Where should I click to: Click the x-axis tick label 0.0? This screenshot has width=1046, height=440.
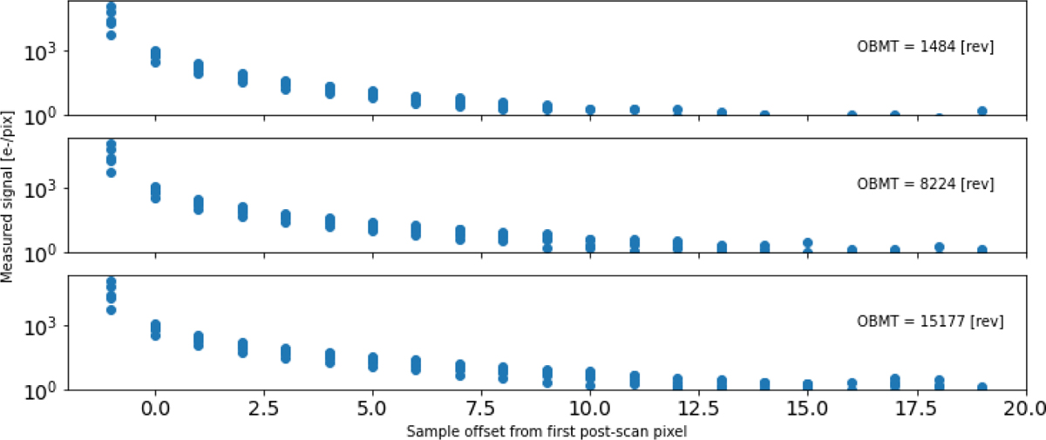pyautogui.click(x=154, y=407)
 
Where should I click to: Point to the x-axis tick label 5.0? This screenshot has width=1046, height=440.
pyautogui.click(x=372, y=407)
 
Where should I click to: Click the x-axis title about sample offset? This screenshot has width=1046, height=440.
pyautogui.click(x=547, y=430)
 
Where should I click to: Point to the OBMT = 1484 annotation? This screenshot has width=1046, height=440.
pyautogui.click(x=927, y=47)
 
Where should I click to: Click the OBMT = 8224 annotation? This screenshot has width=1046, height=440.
pyautogui.click(x=927, y=185)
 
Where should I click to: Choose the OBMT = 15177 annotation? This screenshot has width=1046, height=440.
pyautogui.click(x=930, y=322)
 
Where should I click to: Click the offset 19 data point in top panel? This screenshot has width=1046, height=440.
pyautogui.click(x=982, y=111)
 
